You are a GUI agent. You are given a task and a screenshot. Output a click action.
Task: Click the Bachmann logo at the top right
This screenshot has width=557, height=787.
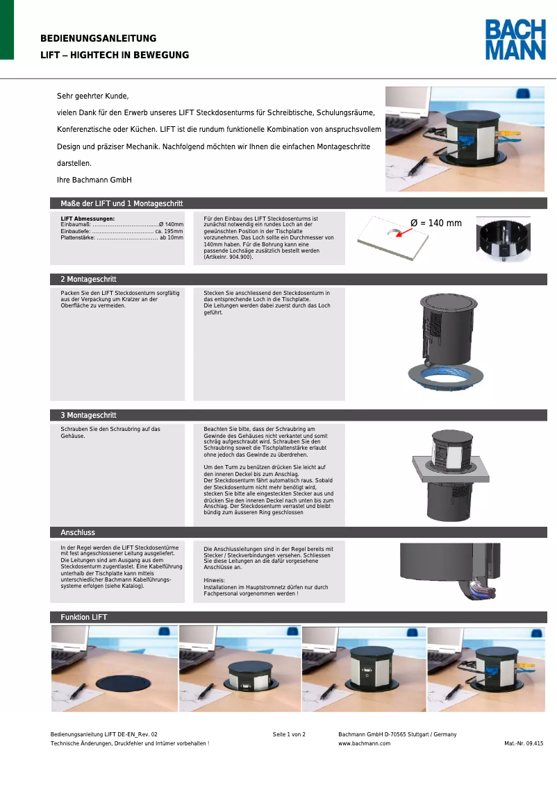(515, 40)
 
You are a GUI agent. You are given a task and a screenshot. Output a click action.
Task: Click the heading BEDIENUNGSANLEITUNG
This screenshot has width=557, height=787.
(99, 39)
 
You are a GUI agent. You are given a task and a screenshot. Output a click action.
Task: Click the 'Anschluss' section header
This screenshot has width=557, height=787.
(78, 532)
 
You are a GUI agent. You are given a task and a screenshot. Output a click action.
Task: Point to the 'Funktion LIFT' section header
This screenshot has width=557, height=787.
(84, 617)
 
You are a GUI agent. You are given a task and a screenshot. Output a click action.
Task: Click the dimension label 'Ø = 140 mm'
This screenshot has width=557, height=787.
(436, 223)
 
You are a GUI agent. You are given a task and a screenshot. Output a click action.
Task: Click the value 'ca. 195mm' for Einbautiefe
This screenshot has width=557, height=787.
(169, 231)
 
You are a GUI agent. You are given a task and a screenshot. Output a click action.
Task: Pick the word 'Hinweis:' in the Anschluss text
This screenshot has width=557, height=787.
(215, 579)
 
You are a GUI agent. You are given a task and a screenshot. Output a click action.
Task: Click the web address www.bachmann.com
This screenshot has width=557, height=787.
(364, 743)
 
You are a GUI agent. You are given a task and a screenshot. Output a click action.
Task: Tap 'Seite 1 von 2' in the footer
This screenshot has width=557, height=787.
(289, 734)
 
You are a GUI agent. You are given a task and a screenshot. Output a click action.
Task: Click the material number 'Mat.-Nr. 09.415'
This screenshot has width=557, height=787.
(524, 743)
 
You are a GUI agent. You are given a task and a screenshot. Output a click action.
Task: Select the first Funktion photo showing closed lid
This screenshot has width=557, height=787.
(114, 668)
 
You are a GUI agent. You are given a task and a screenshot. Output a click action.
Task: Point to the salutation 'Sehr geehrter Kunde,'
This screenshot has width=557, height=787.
(93, 96)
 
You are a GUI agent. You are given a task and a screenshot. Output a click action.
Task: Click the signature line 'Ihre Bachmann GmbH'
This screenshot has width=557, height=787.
(94, 180)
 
